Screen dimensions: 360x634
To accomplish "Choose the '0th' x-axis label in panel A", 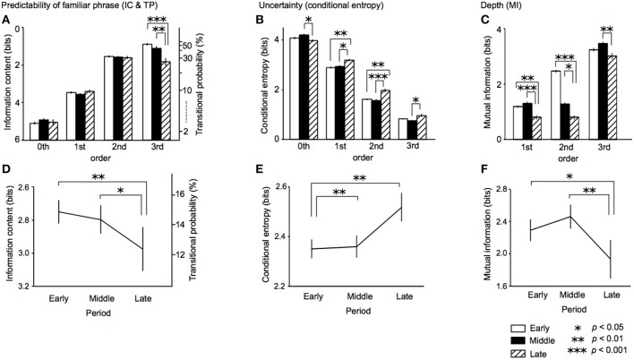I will point(44,148).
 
